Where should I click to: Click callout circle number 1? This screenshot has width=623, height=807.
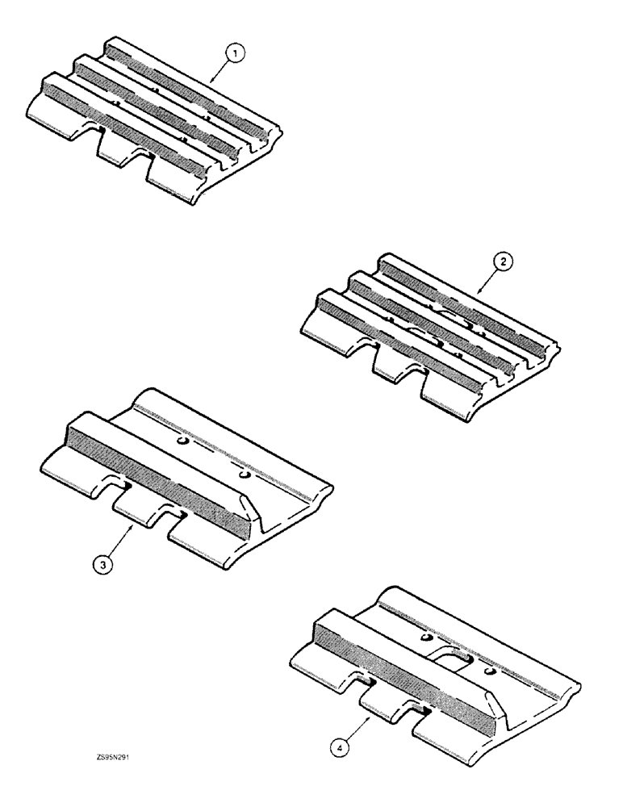(x=234, y=54)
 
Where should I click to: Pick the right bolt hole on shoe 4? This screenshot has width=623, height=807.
(x=487, y=669)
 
